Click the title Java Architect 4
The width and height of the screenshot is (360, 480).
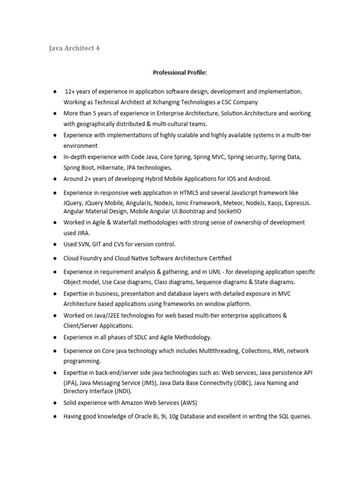click(x=75, y=48)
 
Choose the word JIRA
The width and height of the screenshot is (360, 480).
click(x=83, y=233)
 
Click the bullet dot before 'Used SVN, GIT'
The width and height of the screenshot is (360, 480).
click(x=55, y=244)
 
